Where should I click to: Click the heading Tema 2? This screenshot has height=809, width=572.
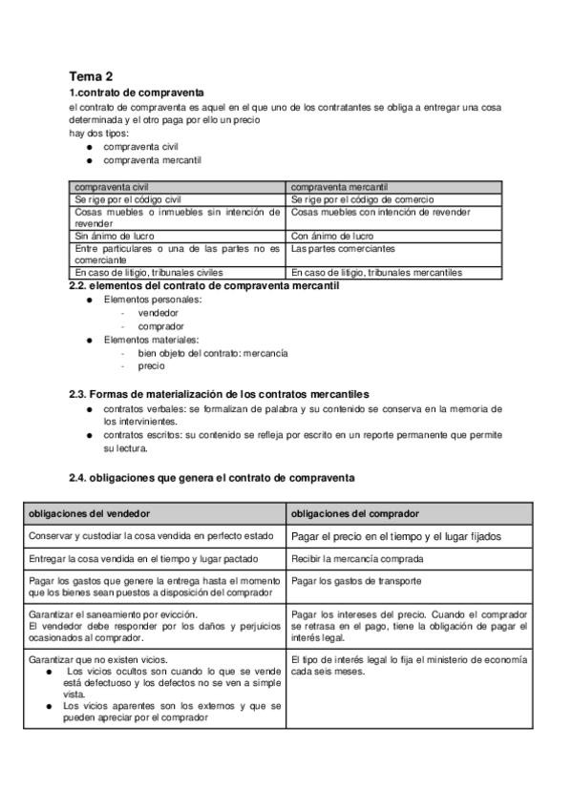92,75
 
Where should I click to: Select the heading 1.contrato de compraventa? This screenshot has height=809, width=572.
137,93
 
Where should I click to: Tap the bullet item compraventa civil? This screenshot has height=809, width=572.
140,147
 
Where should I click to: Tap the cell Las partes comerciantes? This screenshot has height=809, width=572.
343,248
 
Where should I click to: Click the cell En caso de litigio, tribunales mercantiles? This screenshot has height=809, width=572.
377,273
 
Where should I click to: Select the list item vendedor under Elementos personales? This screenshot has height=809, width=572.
158,312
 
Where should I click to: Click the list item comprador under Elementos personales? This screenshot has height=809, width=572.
160,325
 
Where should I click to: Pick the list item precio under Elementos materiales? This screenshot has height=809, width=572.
151,365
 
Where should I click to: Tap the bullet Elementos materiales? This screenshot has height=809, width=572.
152,339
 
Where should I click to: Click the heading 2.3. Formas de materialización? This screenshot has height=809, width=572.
219,394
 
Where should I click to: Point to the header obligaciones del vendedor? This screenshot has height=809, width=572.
85,513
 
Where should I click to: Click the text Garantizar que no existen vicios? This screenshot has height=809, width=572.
98,659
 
